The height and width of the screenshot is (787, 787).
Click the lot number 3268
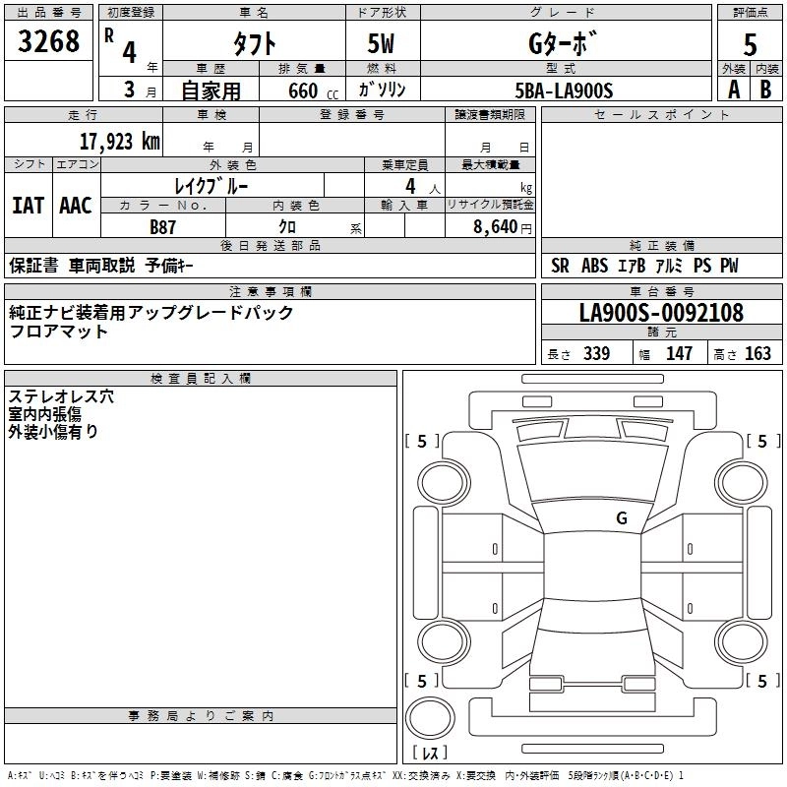pos(49,41)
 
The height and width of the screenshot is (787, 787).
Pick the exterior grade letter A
pos(733,90)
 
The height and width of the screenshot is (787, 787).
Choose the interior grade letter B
pos(765,90)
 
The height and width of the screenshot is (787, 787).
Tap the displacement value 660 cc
pos(302,91)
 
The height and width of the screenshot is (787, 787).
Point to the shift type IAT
pos(28,205)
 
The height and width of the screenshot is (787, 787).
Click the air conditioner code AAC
pos(75,205)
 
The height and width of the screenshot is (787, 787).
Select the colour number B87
pos(163,225)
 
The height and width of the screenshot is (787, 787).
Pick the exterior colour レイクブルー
pos(212,186)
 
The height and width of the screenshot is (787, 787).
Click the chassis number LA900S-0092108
pos(661,313)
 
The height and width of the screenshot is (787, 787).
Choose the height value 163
pos(757,354)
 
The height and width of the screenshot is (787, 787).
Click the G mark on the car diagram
pos(621,518)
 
